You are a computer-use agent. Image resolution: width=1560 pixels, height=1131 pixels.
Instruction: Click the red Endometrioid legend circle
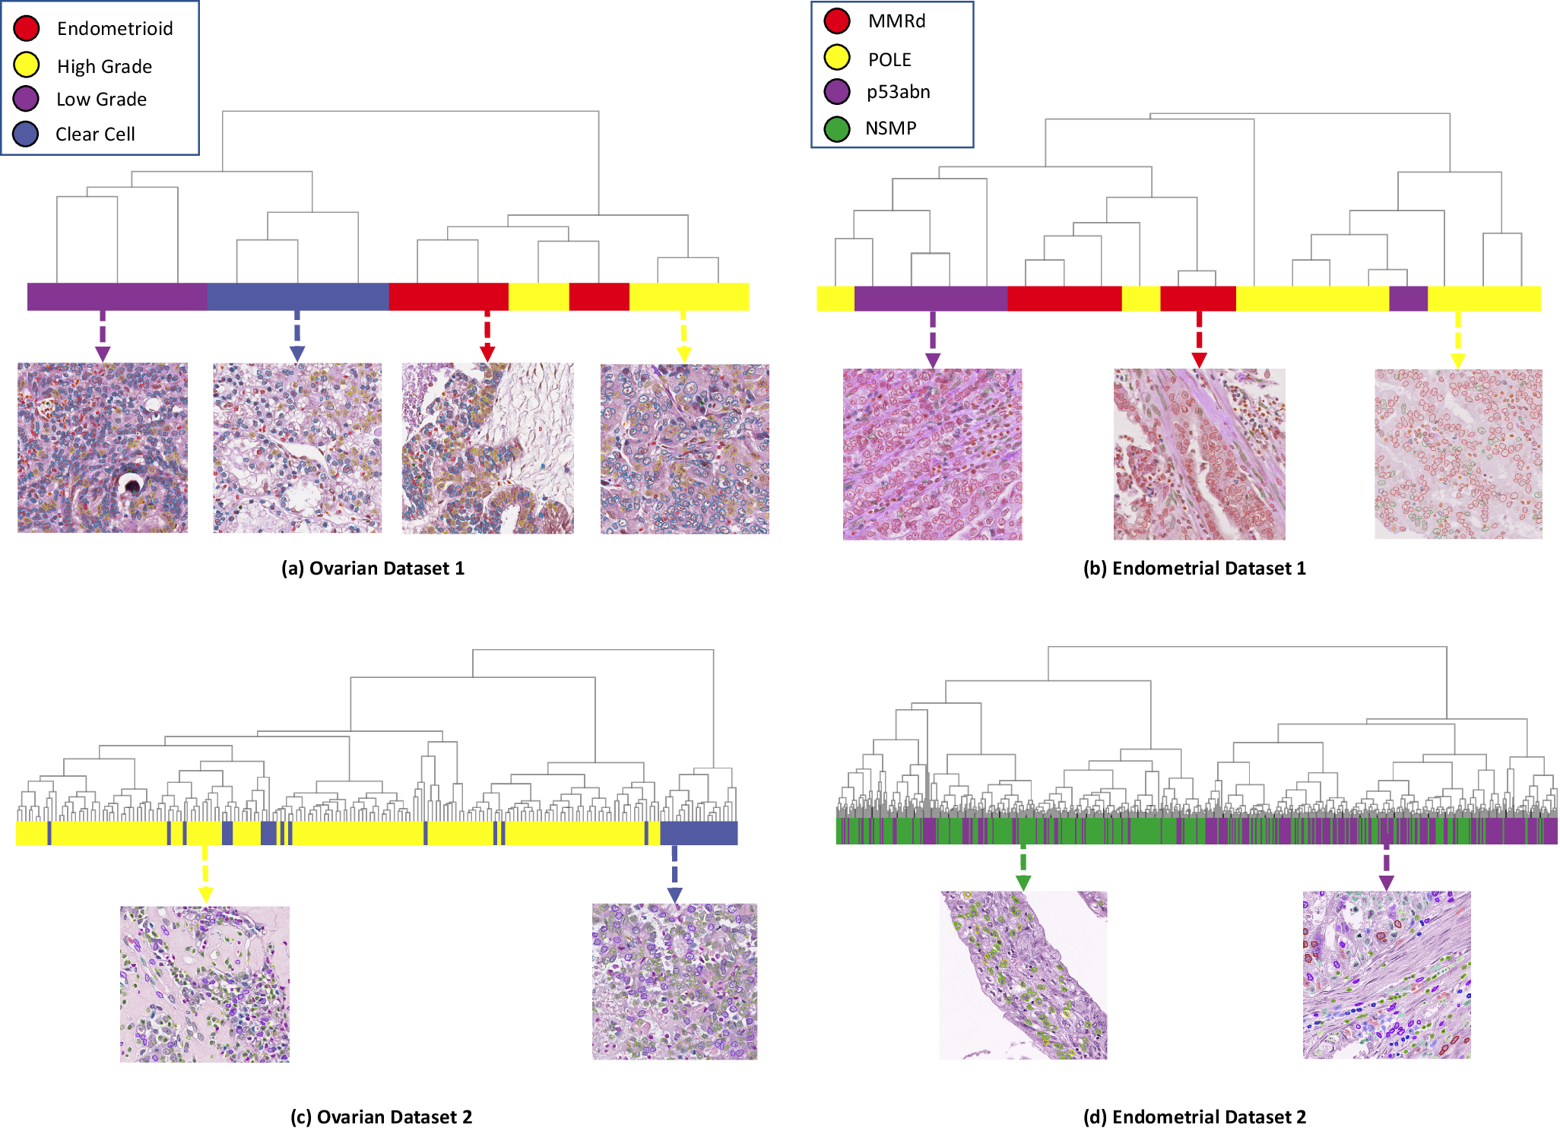27,28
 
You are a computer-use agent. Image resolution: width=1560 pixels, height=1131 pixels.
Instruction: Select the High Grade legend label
104,67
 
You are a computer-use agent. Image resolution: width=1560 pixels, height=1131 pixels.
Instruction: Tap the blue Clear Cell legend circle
26,134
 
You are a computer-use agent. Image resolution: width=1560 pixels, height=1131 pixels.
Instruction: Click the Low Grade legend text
101,100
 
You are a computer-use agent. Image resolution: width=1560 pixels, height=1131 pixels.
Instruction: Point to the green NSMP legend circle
837,128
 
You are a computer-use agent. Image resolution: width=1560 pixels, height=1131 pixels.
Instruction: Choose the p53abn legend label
898,92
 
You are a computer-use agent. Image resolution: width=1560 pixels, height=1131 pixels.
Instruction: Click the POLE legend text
889,59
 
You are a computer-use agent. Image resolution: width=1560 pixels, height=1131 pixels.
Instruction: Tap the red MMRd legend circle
837,21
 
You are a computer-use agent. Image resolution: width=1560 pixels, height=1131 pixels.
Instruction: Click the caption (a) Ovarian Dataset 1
373,569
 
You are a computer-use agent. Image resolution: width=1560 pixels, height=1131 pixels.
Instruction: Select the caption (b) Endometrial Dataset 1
1194,569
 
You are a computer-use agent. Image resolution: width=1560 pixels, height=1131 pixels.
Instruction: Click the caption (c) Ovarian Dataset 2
381,1117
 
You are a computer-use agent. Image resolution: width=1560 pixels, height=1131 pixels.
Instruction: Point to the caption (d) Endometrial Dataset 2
1194,1117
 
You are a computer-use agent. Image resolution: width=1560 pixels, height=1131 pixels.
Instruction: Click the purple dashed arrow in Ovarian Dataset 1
103,335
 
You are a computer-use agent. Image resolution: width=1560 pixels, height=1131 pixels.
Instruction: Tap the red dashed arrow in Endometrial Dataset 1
1199,338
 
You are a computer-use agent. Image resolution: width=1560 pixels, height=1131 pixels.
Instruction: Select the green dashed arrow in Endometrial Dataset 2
1023,866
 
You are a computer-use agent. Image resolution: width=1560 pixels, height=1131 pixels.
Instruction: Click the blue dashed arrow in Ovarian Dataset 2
674,873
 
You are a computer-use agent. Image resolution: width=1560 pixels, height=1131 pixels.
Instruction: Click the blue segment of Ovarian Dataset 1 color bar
297,296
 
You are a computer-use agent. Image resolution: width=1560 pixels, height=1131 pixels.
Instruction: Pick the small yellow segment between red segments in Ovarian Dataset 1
538,296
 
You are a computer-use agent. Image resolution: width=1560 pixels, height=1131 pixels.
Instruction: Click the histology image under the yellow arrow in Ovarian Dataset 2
205,984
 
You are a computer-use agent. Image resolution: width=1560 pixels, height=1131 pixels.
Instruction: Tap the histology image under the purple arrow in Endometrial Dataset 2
1387,974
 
